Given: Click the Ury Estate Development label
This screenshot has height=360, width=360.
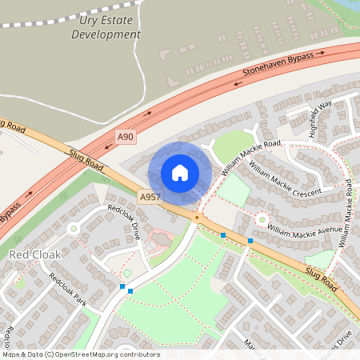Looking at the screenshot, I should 105,28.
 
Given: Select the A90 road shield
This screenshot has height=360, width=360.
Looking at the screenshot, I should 124,137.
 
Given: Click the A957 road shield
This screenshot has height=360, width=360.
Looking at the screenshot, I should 150,197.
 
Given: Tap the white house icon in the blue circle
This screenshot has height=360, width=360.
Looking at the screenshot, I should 180,172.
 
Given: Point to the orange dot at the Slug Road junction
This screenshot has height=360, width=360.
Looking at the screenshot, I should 196,217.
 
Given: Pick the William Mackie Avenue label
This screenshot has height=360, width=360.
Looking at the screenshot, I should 304,230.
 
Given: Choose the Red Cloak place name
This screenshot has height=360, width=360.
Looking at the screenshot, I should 35,254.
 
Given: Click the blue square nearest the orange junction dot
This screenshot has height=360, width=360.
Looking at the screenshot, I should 222,236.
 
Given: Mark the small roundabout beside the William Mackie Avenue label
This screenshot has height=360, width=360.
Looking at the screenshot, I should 262,218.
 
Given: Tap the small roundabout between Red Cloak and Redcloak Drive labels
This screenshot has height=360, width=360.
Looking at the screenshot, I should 74,229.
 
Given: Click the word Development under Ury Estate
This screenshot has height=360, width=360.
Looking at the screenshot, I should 106,35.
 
